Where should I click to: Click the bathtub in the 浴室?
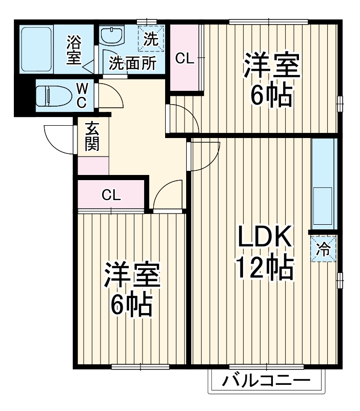coord(36,48)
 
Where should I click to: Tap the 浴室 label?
coord(75,49)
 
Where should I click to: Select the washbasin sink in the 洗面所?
coord(111,36)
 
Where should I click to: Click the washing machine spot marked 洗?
coord(151,38)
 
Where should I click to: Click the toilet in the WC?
coord(53,95)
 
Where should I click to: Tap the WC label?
coord(82,95)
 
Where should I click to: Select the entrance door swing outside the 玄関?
coord(57,136)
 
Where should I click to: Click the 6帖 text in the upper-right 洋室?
coord(271,94)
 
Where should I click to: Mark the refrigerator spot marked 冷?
coord(323,249)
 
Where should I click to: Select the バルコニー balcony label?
coord(267,382)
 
